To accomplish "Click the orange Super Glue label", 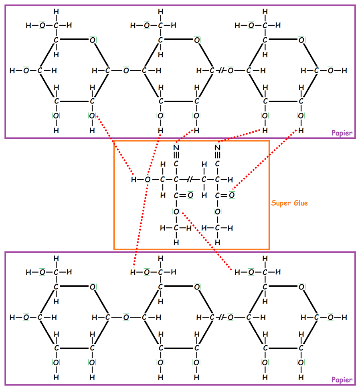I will [x=289, y=203].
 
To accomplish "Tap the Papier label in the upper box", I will [x=342, y=133].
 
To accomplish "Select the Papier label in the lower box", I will [x=342, y=380].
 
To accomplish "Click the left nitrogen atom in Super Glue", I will [x=176, y=147].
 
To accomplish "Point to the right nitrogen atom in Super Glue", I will [x=218, y=147].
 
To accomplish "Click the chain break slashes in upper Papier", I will [x=220, y=71].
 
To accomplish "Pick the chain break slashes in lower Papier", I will [x=220, y=317].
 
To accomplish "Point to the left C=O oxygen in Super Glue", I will [x=190, y=196].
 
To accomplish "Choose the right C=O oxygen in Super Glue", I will [x=232, y=196].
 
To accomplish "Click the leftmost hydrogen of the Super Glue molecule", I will [x=133, y=179].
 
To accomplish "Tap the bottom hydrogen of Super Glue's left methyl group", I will [x=176, y=243].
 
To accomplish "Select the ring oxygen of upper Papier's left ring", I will [x=92, y=40].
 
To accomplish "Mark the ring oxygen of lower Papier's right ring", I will [x=301, y=286].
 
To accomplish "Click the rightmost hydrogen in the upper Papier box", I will [x=344, y=71].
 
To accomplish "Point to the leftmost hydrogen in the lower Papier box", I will [x=12, y=317].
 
